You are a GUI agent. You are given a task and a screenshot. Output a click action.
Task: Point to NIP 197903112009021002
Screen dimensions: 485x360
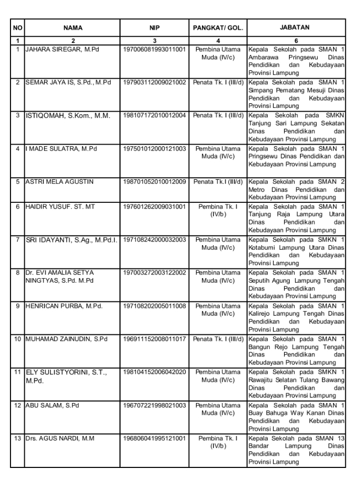[x=156, y=82]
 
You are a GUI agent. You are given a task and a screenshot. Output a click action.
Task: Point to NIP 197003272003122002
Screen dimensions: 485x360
[x=156, y=272]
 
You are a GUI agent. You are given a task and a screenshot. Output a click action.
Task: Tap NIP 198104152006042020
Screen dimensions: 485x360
[x=156, y=372]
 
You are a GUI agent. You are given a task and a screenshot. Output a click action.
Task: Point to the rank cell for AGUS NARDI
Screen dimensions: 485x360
[x=218, y=441]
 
